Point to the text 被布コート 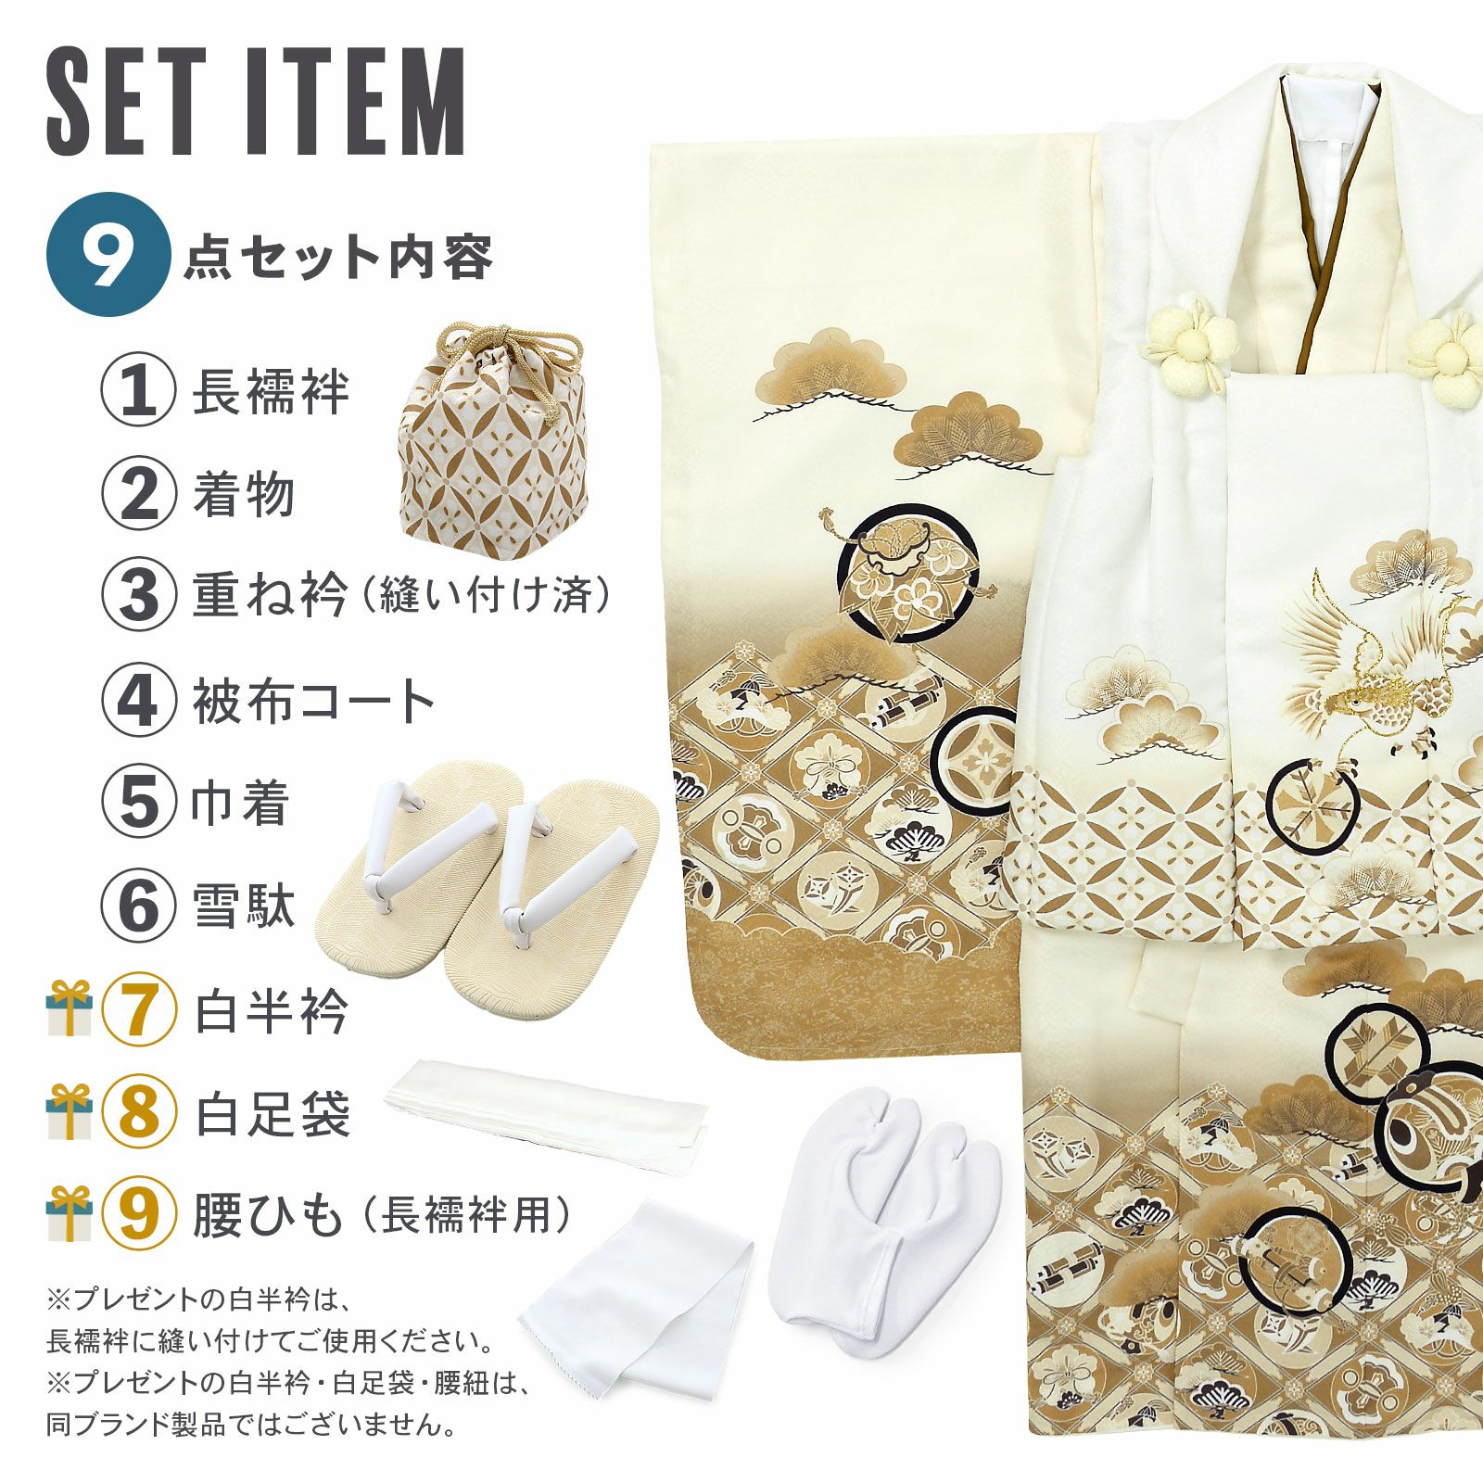313,702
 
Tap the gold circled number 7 138,1011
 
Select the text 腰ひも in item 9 269,1216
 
